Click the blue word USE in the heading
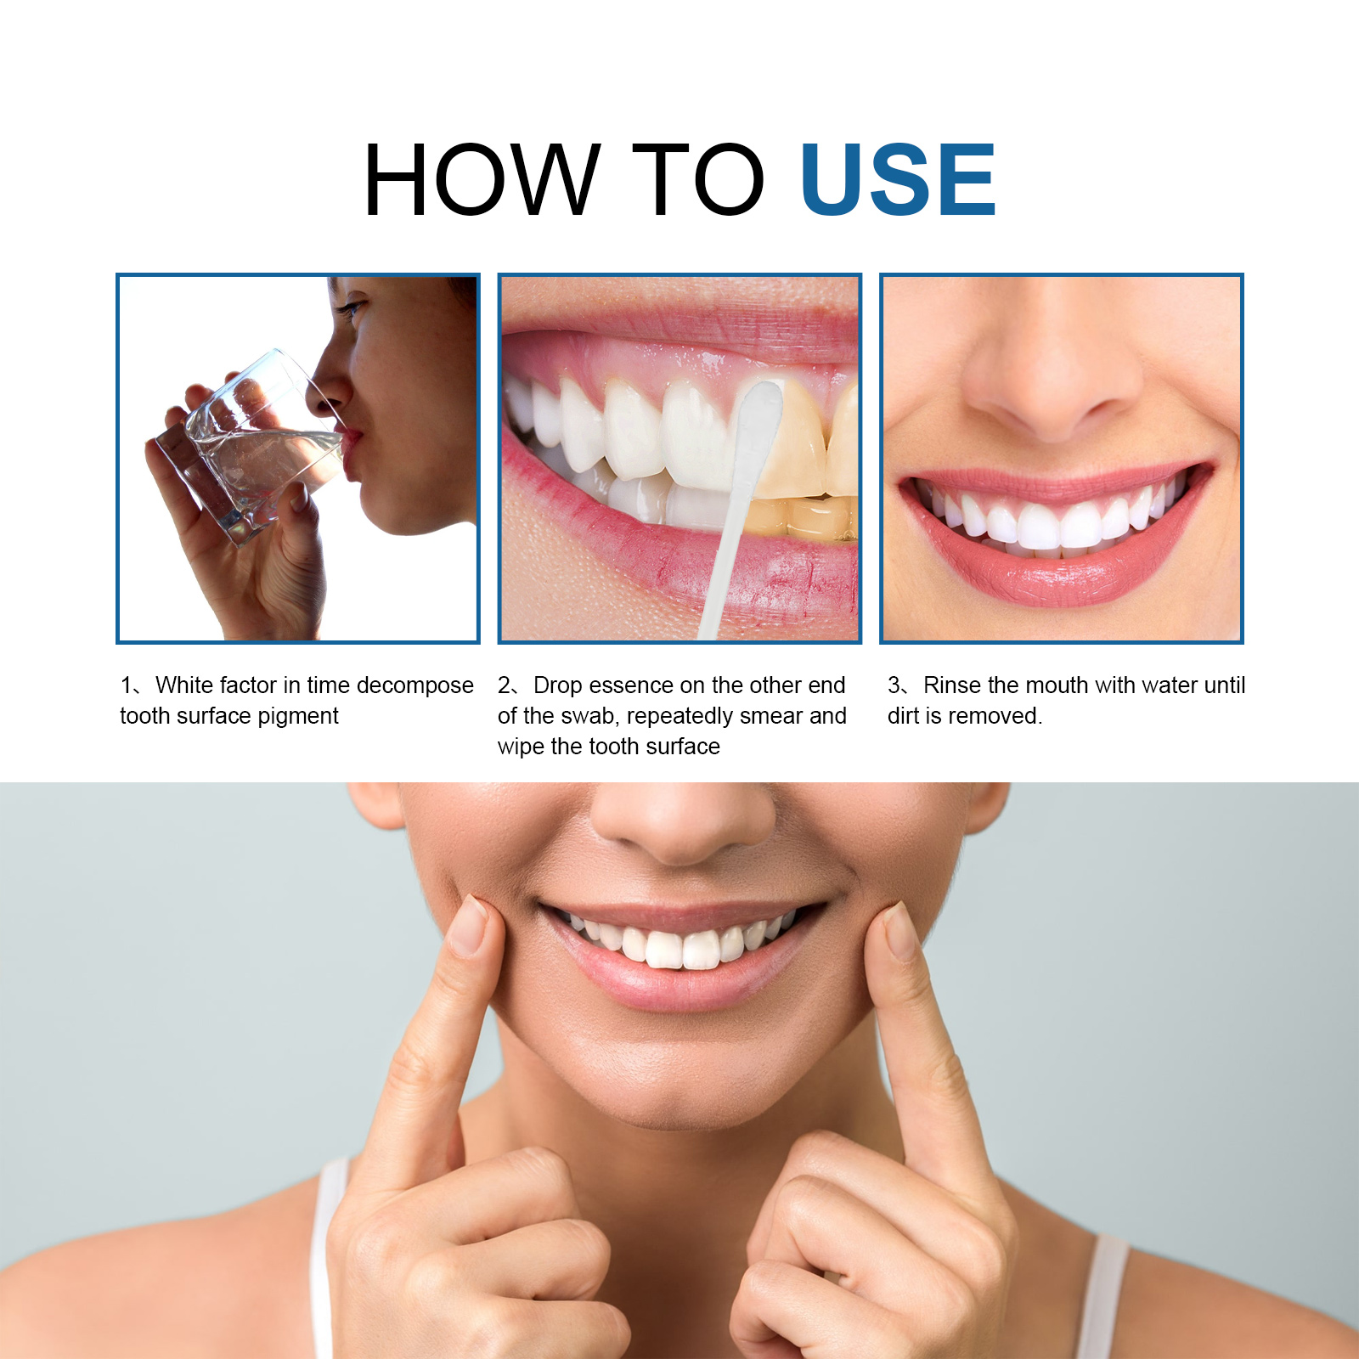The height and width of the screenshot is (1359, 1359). (x=898, y=179)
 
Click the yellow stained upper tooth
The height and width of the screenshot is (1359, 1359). (x=790, y=442)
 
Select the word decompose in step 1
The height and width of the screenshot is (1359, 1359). (x=415, y=686)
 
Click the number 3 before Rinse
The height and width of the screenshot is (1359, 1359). (x=894, y=685)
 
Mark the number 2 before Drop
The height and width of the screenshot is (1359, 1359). (x=505, y=685)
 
